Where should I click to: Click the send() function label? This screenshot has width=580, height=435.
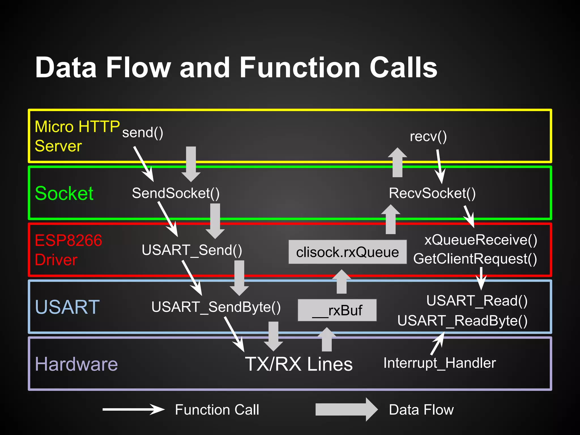pos(142,133)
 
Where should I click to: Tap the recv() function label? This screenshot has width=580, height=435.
pos(428,137)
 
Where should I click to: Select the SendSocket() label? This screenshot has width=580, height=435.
pos(176,193)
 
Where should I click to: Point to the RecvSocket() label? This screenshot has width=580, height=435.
pos(432,193)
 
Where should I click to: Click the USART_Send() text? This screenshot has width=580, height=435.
pos(192,250)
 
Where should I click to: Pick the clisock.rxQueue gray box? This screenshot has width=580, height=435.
pos(347,252)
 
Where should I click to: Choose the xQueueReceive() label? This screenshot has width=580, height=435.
pos(481,240)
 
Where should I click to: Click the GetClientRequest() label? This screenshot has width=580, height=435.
pos(475,259)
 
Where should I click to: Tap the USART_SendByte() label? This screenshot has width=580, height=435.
pos(216,307)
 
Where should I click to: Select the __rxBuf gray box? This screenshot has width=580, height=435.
pos(337,310)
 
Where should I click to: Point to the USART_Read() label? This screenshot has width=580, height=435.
pos(477,301)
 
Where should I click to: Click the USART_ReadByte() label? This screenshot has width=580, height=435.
pos(462,321)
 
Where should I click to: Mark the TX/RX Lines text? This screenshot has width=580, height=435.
pos(299,364)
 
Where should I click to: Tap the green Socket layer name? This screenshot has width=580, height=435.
pos(64,193)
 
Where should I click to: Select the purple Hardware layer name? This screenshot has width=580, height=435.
pos(76,364)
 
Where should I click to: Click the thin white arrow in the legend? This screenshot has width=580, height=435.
pos(133,410)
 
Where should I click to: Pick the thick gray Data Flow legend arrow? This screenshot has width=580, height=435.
pos(346,410)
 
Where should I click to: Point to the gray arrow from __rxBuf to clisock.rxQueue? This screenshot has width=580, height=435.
pos(342,282)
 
